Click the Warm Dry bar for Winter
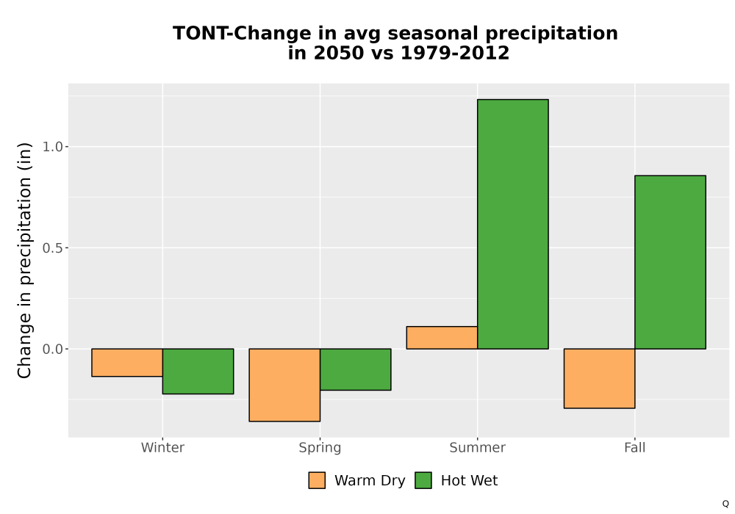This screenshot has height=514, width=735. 127,362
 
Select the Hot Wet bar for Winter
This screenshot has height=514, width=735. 198,372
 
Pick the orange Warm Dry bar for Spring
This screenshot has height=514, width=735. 284,385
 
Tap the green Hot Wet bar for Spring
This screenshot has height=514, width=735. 355,369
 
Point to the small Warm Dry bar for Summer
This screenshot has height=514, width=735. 442,338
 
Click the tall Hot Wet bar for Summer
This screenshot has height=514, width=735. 513,224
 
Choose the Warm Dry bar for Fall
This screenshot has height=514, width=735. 600,378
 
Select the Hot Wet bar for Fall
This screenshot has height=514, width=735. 670,262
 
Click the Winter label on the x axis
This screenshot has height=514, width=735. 162,447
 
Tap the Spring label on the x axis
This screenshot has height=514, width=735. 320,448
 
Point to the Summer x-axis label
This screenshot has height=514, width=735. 478,447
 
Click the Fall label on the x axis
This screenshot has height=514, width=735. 635,447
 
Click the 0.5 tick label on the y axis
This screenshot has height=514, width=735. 52,247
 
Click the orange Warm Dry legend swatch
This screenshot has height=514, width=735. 317,480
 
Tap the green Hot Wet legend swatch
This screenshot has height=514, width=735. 423,480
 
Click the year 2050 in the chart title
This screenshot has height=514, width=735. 338,53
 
